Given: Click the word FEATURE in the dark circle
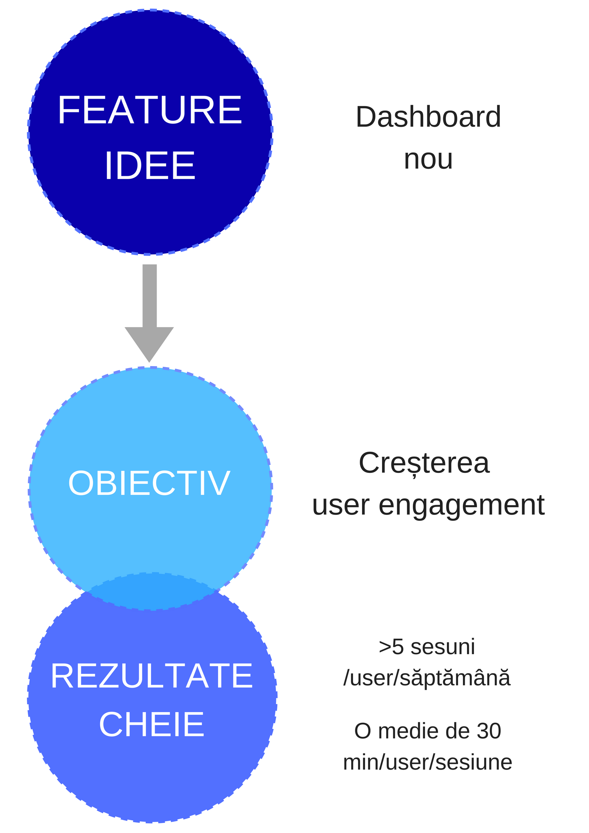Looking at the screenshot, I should pyautogui.click(x=150, y=110).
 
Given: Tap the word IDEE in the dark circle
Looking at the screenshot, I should pyautogui.click(x=150, y=166).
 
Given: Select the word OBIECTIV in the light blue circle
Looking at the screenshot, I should pyautogui.click(x=149, y=483).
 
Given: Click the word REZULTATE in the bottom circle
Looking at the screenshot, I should pyautogui.click(x=152, y=676).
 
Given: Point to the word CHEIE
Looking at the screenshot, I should pyautogui.click(x=152, y=724).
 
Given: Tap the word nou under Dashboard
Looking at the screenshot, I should pyautogui.click(x=428, y=159).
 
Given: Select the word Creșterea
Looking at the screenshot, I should pyautogui.click(x=424, y=464).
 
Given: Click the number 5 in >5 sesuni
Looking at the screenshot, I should pyautogui.click(x=398, y=647).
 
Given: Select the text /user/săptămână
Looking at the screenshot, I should pyautogui.click(x=427, y=678).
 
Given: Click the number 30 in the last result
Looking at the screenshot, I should pyautogui.click(x=489, y=731).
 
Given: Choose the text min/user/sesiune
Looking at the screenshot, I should pyautogui.click(x=428, y=762).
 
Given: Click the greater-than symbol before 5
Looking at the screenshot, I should pyautogui.click(x=385, y=648).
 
